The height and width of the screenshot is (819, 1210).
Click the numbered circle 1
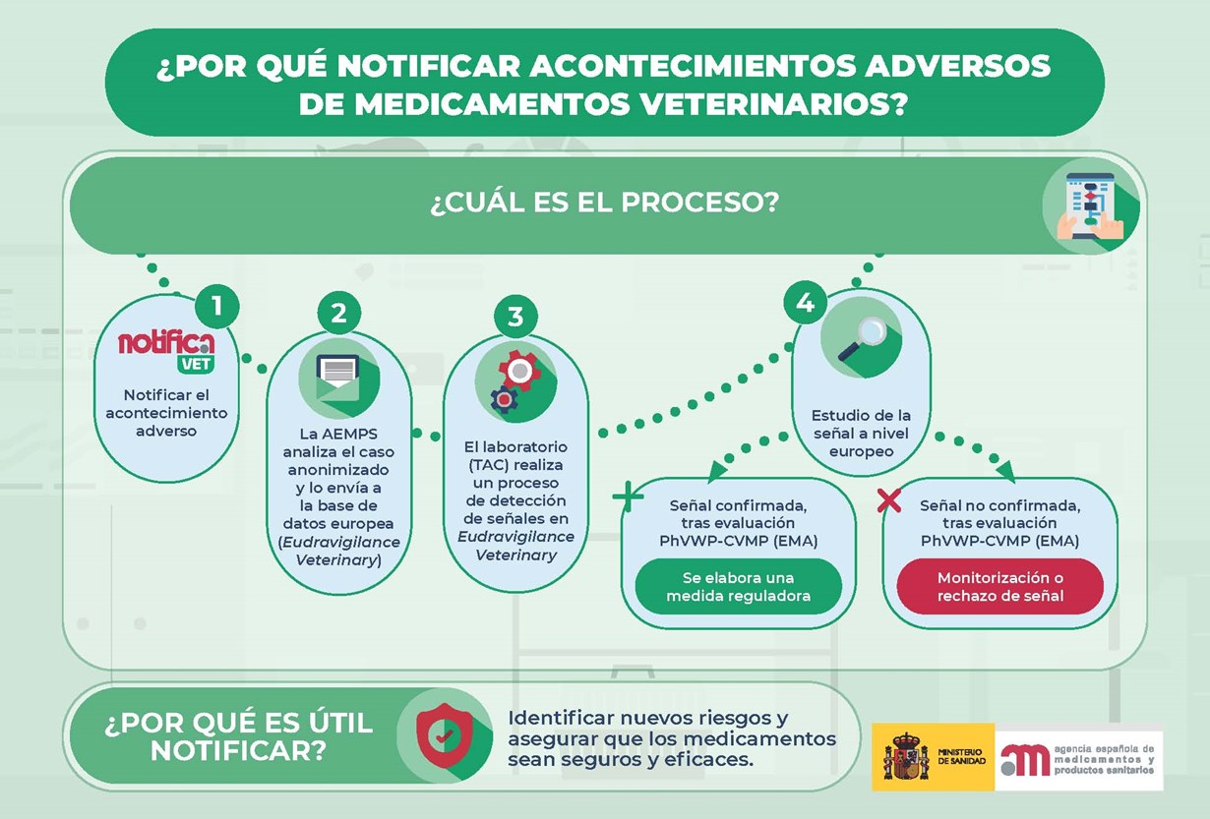click(x=217, y=306)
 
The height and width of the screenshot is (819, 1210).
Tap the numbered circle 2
click(x=339, y=313)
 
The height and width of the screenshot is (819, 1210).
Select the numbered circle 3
click(x=515, y=317)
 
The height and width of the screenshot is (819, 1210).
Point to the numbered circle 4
click(x=806, y=303)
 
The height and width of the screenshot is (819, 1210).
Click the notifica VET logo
click(x=166, y=350)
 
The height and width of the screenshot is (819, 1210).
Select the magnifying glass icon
click(x=861, y=337)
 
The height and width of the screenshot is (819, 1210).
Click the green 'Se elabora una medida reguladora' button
click(x=738, y=586)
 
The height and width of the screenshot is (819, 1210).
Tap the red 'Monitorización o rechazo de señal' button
click(x=999, y=586)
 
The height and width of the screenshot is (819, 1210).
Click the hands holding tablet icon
click(x=1090, y=205)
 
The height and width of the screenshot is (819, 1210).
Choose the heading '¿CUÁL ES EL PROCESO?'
click(x=604, y=205)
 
